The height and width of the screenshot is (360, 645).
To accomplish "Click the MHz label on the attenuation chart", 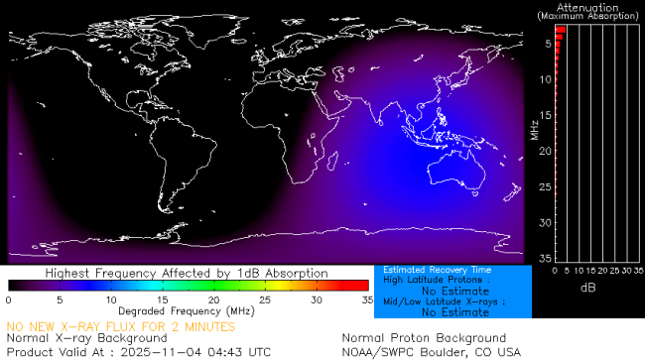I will [x=534, y=129].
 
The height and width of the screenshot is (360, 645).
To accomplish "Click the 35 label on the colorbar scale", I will [x=365, y=299].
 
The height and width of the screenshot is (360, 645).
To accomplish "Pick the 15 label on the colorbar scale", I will [x=163, y=299].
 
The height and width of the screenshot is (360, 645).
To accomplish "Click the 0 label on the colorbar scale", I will [x=8, y=299].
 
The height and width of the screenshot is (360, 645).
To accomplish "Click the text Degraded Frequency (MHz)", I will [x=188, y=310].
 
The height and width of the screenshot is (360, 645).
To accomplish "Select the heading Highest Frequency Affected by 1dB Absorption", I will [x=188, y=272].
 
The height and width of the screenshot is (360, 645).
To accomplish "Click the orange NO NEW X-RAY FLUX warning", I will [x=121, y=325].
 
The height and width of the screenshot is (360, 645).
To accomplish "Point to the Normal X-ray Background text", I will [x=87, y=338].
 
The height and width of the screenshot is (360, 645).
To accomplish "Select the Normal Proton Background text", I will [x=424, y=338].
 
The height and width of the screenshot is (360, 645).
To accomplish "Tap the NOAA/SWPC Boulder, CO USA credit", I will [x=431, y=351].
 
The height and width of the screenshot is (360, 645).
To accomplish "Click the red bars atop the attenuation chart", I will [x=559, y=33].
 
